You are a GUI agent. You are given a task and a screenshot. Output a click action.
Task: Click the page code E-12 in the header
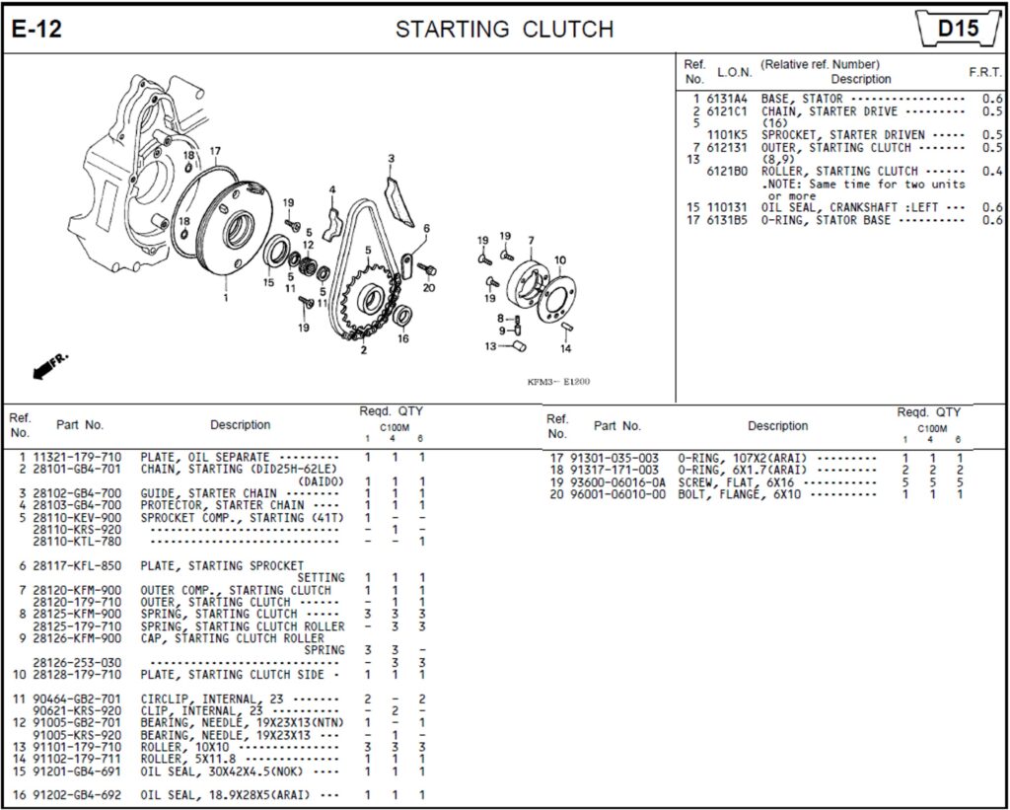click(36, 30)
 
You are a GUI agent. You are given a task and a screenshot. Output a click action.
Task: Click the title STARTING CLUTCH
click(504, 30)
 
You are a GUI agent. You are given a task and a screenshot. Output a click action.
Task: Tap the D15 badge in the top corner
click(957, 29)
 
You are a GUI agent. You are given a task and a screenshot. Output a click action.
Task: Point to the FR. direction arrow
click(46, 367)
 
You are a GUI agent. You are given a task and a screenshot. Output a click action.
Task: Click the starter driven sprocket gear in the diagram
click(369, 297)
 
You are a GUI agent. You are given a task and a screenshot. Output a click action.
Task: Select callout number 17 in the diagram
click(215, 151)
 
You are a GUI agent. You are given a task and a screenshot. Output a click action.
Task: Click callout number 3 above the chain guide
click(391, 159)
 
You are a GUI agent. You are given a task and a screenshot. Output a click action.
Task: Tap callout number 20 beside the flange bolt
click(428, 288)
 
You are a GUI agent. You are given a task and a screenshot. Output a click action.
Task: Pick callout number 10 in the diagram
click(559, 260)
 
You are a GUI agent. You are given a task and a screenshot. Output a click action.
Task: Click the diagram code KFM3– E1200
click(558, 382)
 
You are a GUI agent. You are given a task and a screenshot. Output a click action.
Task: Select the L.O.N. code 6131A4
click(727, 99)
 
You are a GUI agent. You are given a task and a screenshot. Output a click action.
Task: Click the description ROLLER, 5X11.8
click(188, 760)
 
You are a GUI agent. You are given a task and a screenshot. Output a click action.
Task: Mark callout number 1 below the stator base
click(226, 297)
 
